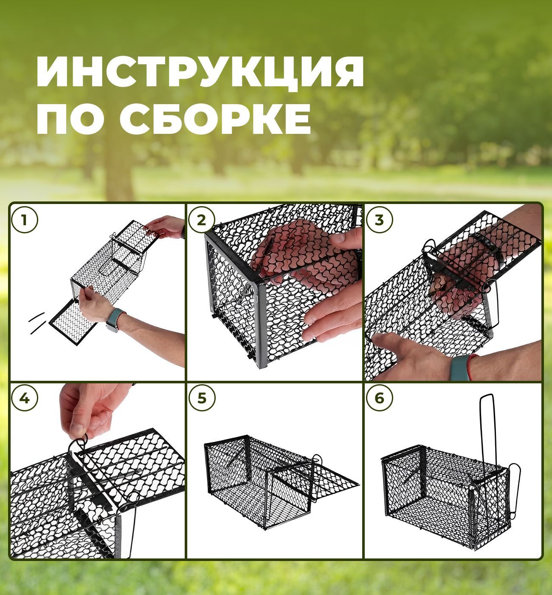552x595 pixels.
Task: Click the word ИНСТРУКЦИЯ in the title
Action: tap(200, 72)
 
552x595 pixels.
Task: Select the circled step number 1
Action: tap(25, 220)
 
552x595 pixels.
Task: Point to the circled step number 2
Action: tap(202, 220)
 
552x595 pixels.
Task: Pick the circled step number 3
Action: tap(379, 220)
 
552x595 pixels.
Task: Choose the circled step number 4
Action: tap(25, 398)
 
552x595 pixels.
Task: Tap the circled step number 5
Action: tap(202, 398)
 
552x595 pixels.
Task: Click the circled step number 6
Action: tap(379, 398)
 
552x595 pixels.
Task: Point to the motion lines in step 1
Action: tap(38, 323)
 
